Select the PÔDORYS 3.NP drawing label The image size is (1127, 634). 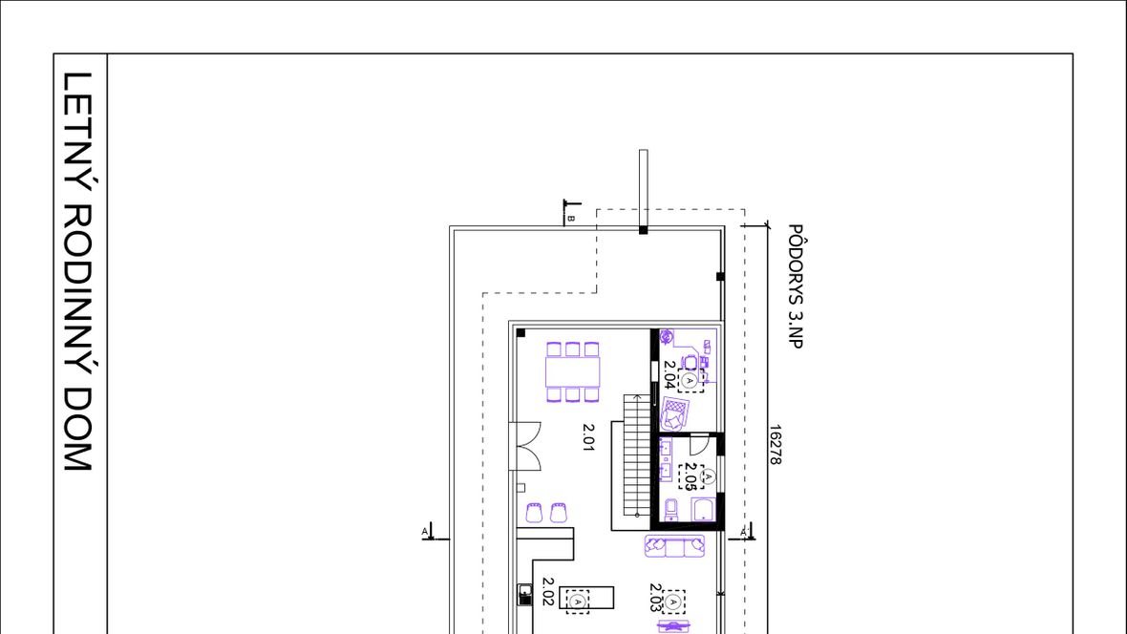(795, 286)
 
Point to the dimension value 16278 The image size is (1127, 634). (775, 444)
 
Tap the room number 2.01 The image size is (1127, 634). (588, 437)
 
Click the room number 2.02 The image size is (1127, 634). (547, 592)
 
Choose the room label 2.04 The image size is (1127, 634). (670, 374)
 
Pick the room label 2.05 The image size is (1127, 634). (690, 476)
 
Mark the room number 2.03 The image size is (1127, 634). (655, 598)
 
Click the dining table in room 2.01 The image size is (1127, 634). (572, 371)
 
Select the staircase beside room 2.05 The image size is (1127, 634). (637, 455)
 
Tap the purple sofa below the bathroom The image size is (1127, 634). (674, 546)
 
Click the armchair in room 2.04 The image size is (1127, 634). (674, 414)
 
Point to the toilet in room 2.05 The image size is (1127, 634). (670, 509)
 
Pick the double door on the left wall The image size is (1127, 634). (525, 447)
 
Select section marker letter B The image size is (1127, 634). (571, 218)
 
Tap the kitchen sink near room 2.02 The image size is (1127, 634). (525, 594)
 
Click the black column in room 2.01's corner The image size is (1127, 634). (521, 333)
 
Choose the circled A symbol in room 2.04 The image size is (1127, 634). (690, 380)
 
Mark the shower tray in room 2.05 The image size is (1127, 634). (703, 510)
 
